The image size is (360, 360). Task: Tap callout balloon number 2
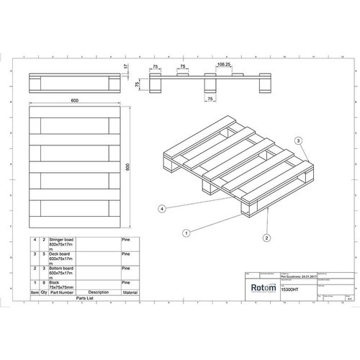click(x=266, y=237)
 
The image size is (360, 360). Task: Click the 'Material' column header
click(x=130, y=292)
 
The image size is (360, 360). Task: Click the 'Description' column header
click(x=99, y=292)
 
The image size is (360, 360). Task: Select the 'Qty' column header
click(x=44, y=292)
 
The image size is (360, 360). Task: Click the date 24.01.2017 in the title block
click(x=296, y=274)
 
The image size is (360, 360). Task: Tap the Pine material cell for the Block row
click(x=126, y=281)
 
